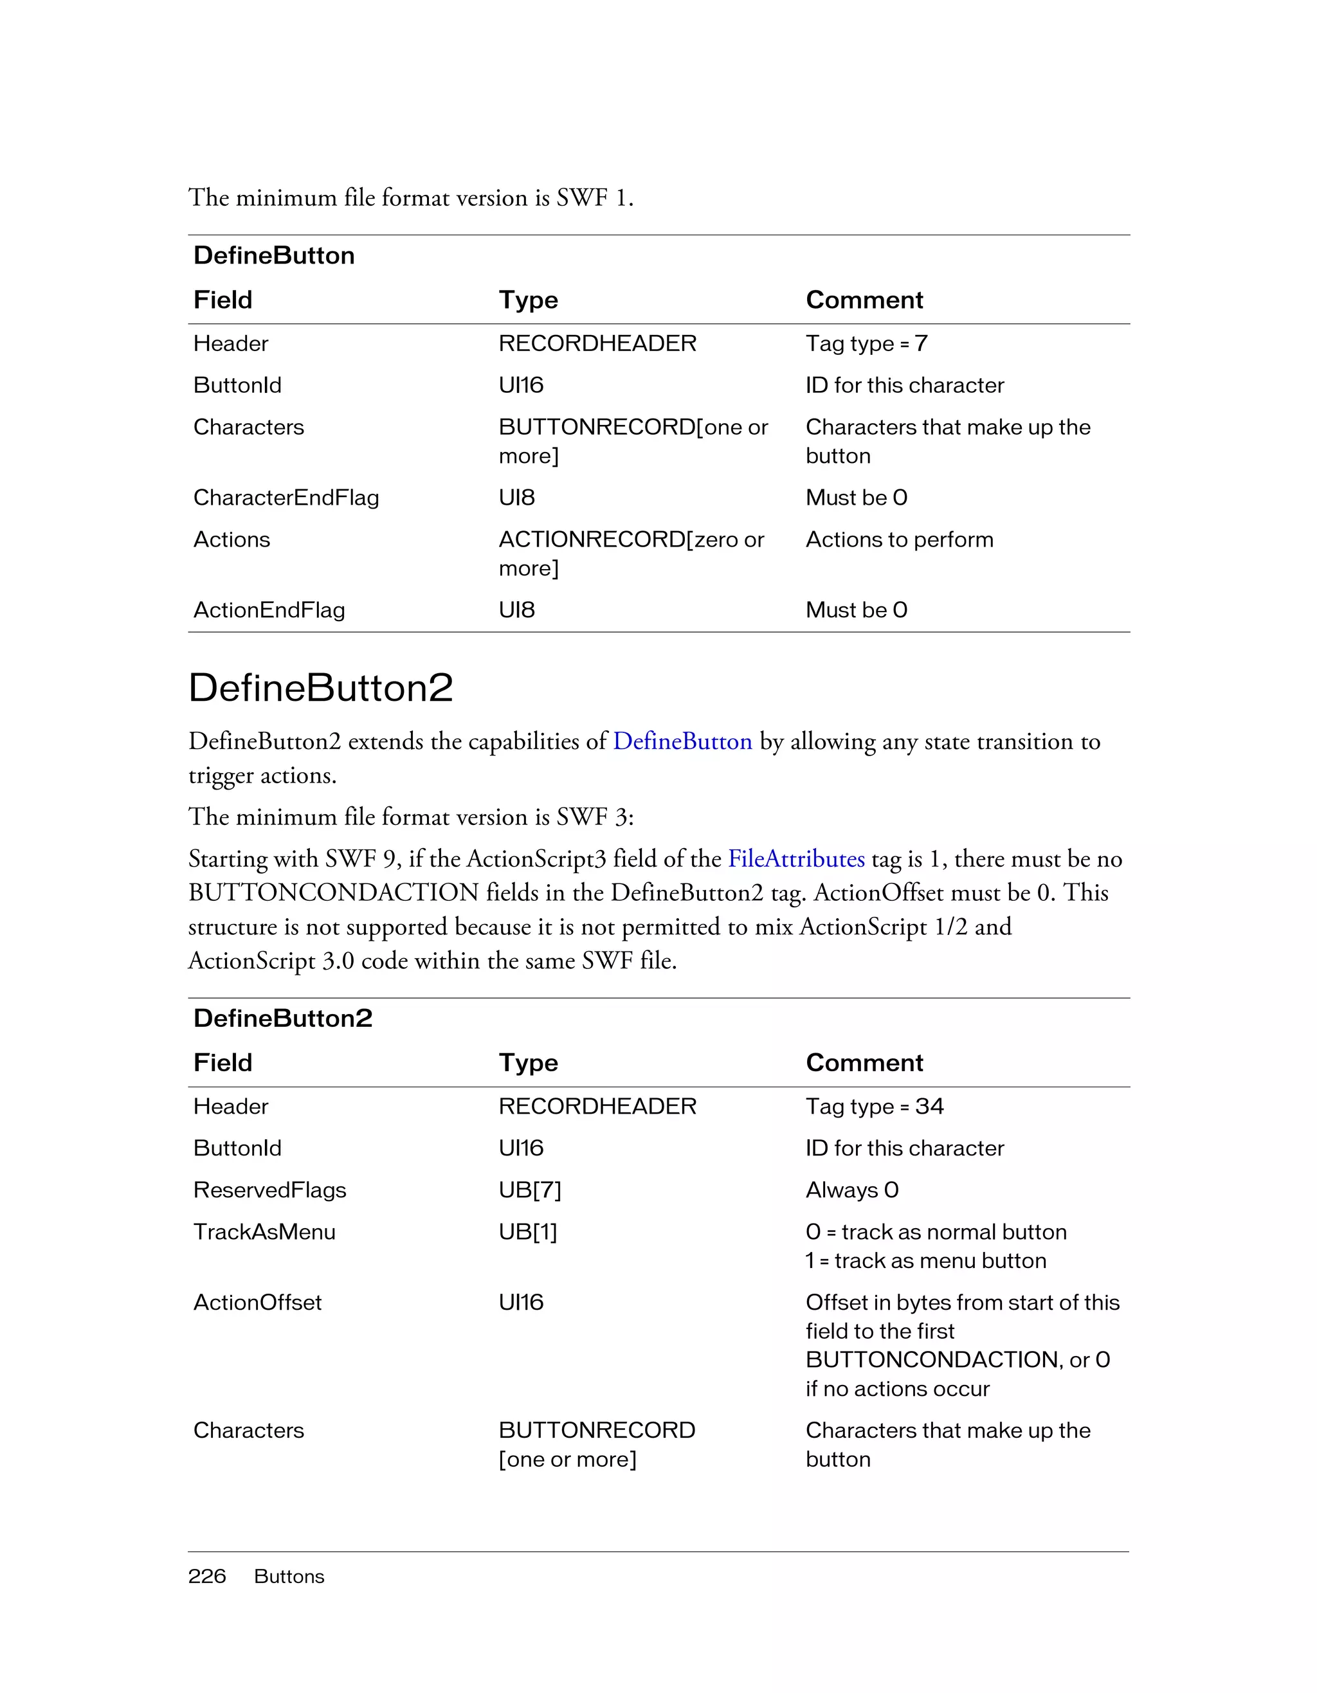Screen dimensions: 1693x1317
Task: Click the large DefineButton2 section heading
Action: (x=320, y=687)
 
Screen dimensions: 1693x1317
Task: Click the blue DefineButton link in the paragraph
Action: (x=682, y=742)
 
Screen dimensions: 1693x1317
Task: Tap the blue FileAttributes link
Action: (x=796, y=859)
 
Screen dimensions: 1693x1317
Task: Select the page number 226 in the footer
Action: (x=207, y=1576)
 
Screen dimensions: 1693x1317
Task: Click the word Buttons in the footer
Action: (x=289, y=1577)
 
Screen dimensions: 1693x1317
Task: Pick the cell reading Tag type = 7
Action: (x=866, y=343)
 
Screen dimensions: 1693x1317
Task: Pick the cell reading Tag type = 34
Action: (x=875, y=1106)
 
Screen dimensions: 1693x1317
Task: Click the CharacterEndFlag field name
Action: (x=286, y=498)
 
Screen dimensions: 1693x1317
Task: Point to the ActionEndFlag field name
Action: (x=269, y=610)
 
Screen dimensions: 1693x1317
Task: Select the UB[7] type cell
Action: (x=529, y=1190)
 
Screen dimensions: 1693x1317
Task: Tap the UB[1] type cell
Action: (x=528, y=1232)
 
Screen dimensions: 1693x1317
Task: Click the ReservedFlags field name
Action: (x=269, y=1190)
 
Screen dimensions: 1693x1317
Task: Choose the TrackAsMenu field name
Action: (x=264, y=1232)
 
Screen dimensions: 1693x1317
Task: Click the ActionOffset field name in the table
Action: (x=257, y=1302)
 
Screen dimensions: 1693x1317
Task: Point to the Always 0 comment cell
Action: (x=852, y=1190)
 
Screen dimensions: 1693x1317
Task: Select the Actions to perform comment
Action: (x=899, y=539)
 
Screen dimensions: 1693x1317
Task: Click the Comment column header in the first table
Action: (x=864, y=300)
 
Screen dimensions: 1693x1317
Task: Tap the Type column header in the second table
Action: (x=528, y=1063)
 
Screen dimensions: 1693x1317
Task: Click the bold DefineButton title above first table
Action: (x=274, y=256)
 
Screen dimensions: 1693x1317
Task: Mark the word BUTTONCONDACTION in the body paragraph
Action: (x=333, y=893)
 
